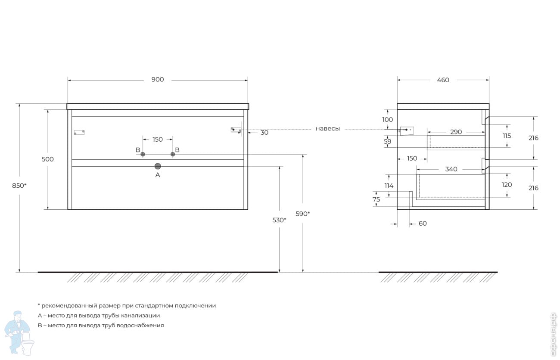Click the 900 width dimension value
pos(158,80)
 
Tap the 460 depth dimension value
pos(443,80)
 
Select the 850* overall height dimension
pos(19,186)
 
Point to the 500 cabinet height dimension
pos(47,159)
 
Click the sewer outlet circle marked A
pos(158,166)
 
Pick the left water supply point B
pos(143,154)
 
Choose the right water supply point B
pos(173,154)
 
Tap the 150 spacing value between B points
pos(158,140)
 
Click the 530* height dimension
pos(279,220)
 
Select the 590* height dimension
pos(303,214)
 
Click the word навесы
pos(328,129)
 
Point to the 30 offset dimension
pos(264,133)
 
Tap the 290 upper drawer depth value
pos(456,132)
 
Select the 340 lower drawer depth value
pos(451,169)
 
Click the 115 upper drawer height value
pos(507,136)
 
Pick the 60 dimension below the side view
pos(423,223)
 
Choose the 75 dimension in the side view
pos(376,199)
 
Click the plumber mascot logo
pos(19,333)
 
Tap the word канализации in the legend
pos(140,316)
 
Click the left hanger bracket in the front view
pos(79,132)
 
